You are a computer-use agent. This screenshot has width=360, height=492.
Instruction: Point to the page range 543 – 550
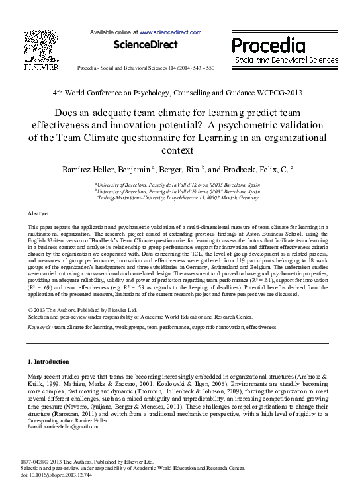199,68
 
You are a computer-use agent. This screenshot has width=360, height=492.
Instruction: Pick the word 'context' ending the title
180,150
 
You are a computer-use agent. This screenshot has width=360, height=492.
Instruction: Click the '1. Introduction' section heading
48,362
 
